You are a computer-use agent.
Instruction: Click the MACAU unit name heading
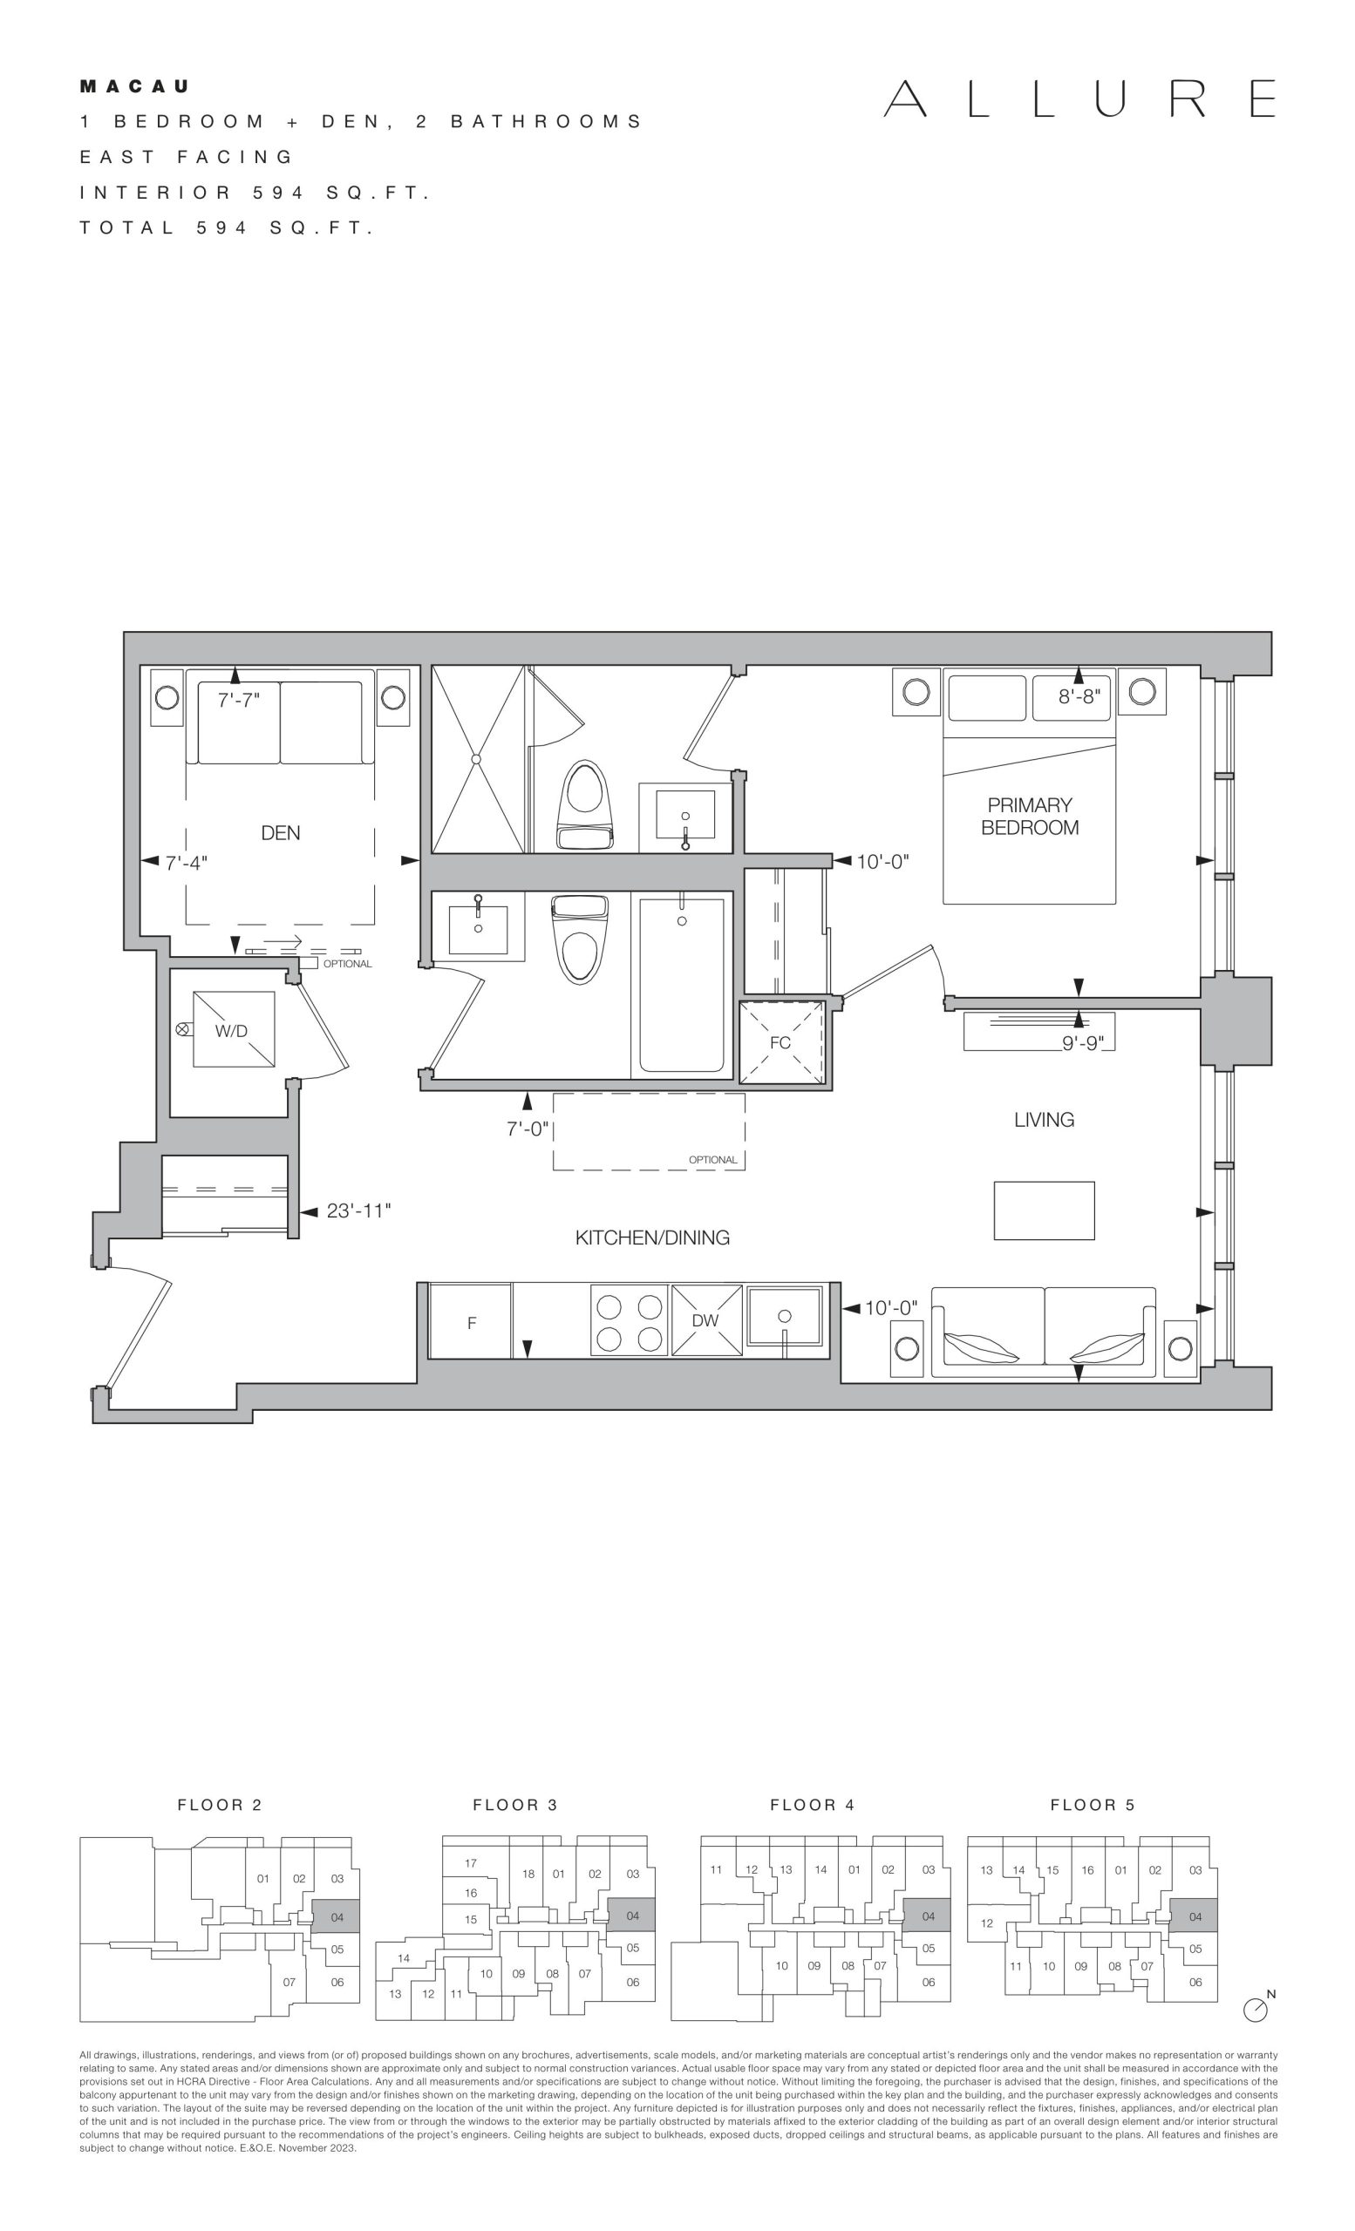135,87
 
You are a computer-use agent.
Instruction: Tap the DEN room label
281,833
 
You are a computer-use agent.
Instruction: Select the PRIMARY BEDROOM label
1030,816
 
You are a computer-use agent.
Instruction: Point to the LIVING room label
1045,1120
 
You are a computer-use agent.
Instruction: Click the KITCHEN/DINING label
652,1238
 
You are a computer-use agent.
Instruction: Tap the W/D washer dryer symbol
234,1029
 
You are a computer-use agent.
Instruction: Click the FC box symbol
780,1042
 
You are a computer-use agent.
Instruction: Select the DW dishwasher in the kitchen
705,1320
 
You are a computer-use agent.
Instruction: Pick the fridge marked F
470,1321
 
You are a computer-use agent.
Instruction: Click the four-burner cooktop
630,1321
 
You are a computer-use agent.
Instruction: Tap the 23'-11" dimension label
358,1211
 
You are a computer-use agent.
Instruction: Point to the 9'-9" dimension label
1083,1044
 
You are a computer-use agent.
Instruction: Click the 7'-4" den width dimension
187,863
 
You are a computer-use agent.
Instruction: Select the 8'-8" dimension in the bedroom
1079,696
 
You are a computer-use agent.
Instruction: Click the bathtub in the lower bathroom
682,984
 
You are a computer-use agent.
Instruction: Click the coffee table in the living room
1045,1210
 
